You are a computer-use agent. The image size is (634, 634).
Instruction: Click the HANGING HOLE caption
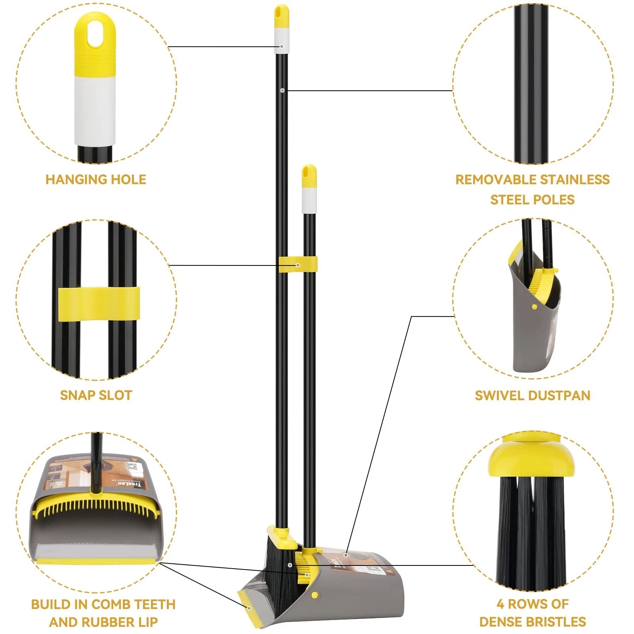click(x=96, y=180)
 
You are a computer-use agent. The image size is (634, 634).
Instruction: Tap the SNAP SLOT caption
click(x=96, y=395)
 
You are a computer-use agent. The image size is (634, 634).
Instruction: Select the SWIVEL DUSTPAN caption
click(x=533, y=395)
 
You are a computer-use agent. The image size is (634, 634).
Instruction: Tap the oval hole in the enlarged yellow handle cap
click(x=95, y=34)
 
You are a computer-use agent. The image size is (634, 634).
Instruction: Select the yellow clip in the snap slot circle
click(x=99, y=304)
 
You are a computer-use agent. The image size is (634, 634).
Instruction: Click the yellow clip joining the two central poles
click(x=298, y=265)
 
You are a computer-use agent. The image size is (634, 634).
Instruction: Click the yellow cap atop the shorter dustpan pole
click(x=309, y=176)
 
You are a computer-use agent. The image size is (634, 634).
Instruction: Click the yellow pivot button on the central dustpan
click(x=315, y=595)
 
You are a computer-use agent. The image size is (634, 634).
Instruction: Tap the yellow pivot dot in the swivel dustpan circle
click(x=535, y=307)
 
